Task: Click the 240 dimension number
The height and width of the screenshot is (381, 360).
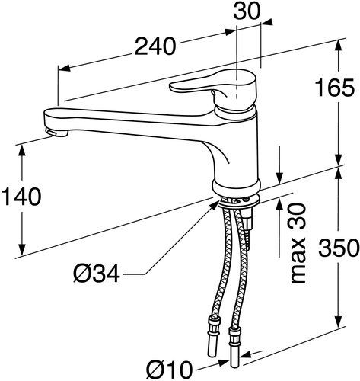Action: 155,46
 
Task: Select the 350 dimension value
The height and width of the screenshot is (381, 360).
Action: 339,248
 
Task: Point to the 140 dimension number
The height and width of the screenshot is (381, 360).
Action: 21,197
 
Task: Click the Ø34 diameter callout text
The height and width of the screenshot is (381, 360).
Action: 97,274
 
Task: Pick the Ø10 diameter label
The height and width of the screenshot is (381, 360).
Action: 170,369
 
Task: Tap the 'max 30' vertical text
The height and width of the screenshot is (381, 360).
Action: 298,243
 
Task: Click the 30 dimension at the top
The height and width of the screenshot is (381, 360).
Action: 247,11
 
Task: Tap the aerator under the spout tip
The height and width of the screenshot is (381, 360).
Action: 56,133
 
